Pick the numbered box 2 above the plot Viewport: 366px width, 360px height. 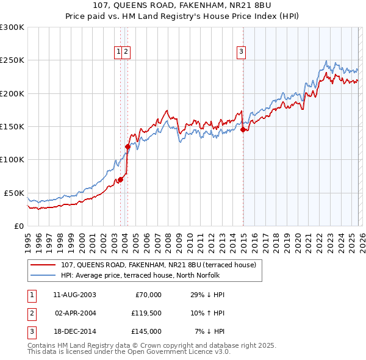coord(126,52)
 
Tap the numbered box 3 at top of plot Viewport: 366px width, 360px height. coord(242,52)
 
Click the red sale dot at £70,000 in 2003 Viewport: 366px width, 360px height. coord(121,179)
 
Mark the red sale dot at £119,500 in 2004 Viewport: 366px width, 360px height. coord(127,146)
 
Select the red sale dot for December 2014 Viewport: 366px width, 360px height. coord(243,129)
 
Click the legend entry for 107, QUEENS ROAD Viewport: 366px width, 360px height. coord(161,264)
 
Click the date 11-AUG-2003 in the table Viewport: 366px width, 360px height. coord(74,295)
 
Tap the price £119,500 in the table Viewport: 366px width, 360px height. coord(146,314)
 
